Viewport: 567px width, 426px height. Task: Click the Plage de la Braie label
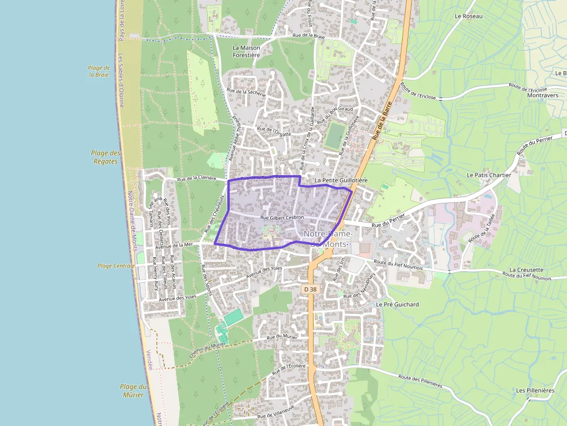pyautogui.click(x=99, y=71)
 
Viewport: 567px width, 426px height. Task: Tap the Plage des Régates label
pyautogui.click(x=105, y=157)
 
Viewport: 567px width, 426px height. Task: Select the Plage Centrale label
pyautogui.click(x=116, y=266)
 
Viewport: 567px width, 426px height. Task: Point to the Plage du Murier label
pyautogui.click(x=133, y=391)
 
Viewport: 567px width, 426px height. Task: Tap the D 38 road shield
pyautogui.click(x=311, y=288)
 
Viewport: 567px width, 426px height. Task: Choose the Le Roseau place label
pyautogui.click(x=469, y=16)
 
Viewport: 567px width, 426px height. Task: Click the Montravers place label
pyautogui.click(x=543, y=96)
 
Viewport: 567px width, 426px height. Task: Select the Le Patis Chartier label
pyautogui.click(x=489, y=175)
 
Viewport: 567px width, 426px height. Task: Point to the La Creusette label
pyautogui.click(x=526, y=270)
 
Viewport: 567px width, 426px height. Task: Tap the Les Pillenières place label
pyautogui.click(x=535, y=391)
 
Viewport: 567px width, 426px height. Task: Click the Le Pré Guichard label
pyautogui.click(x=397, y=304)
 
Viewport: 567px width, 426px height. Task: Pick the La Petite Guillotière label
pyautogui.click(x=341, y=180)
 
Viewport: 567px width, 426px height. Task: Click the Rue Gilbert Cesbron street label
pyautogui.click(x=282, y=218)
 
